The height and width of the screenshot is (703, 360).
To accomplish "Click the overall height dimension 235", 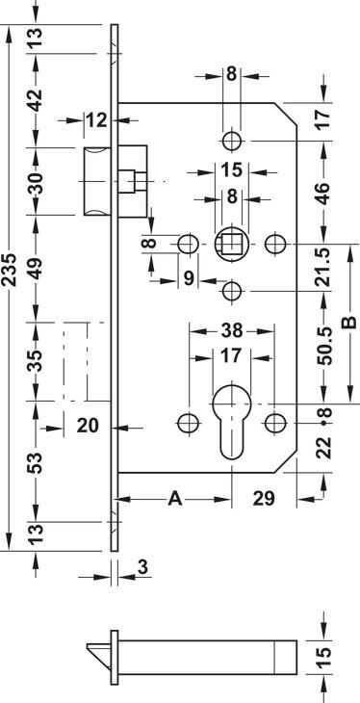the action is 10,270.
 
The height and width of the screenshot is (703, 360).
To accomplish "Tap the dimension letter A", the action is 175,499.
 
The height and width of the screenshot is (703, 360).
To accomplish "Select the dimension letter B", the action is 349,323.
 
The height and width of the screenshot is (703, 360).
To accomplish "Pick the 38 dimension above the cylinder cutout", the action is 232,331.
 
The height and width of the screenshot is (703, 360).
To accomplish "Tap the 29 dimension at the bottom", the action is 264,498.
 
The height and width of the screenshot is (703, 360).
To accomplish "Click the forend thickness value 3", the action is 142,567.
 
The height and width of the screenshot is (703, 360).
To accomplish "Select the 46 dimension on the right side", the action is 325,193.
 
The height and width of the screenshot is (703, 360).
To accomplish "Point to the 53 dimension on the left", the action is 36,462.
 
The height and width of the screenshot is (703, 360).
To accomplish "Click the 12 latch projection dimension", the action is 97,120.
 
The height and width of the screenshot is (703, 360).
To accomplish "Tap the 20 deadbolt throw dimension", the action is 88,425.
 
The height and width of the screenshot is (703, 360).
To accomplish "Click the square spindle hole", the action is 231,245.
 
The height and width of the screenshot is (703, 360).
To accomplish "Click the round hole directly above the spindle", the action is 232,142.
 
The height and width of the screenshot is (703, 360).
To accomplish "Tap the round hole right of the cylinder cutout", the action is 275,423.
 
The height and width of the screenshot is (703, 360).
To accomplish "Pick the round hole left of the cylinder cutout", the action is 189,423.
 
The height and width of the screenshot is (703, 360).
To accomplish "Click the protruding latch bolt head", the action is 97,181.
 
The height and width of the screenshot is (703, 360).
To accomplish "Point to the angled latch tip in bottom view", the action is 98,651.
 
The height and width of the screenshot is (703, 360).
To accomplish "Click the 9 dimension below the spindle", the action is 189,278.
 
